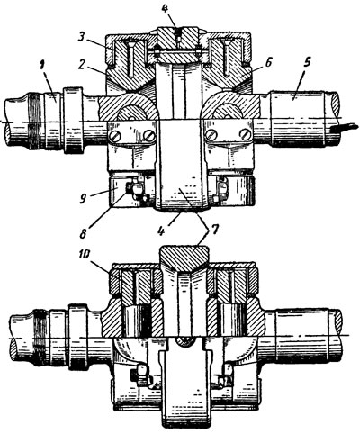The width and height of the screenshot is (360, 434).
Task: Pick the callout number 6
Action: [x=268, y=63]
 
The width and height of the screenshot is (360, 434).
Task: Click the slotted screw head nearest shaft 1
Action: [x=116, y=136]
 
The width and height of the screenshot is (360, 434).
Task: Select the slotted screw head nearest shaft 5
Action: [x=246, y=135]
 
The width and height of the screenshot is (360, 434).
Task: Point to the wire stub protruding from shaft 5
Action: [x=345, y=128]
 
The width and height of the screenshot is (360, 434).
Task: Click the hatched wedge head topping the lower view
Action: [x=184, y=258]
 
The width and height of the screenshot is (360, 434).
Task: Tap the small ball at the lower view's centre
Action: [x=183, y=341]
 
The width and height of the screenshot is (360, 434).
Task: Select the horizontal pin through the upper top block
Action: [x=177, y=52]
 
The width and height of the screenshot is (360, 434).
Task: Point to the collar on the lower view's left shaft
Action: [x=78, y=338]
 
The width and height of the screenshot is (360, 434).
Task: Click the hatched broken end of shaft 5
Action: [x=335, y=106]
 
